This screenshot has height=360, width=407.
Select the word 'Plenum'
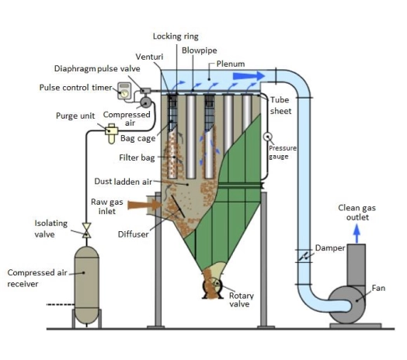point(231,64)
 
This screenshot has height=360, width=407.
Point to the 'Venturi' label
point(148,57)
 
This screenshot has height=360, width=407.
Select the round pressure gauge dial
point(268,137)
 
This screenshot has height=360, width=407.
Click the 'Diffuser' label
point(133,234)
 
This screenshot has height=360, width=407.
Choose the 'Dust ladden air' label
point(122,182)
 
